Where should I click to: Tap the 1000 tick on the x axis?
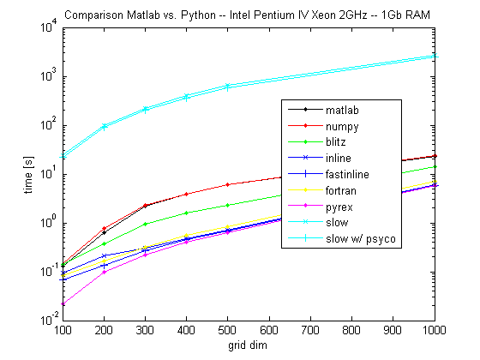click(x=435, y=330)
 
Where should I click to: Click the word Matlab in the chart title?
click(x=138, y=15)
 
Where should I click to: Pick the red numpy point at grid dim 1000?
click(x=435, y=156)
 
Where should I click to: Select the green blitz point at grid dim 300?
click(x=146, y=224)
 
